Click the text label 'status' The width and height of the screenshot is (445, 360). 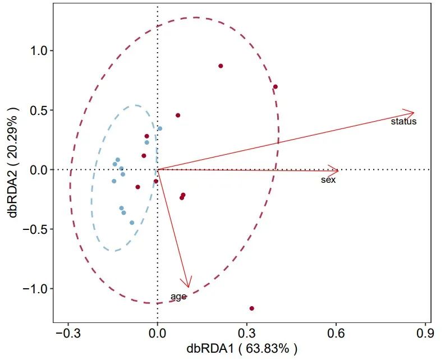[403, 121]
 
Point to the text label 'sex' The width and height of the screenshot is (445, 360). [328, 180]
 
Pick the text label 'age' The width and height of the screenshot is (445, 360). [178, 297]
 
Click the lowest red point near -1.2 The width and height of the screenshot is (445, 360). [252, 308]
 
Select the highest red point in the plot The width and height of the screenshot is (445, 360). [221, 66]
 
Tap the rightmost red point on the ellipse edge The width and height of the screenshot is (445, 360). [276, 87]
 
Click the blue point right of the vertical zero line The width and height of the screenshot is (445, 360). [160, 128]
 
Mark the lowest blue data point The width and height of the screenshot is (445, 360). [132, 223]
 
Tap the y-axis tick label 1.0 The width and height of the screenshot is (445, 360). [37, 51]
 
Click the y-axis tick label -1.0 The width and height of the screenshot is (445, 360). [34, 289]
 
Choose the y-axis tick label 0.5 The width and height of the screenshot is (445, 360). [37, 110]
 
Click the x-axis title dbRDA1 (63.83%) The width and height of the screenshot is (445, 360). [242, 349]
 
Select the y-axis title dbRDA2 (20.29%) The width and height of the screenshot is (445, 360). [12, 170]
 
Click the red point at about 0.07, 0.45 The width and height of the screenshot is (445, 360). [178, 116]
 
